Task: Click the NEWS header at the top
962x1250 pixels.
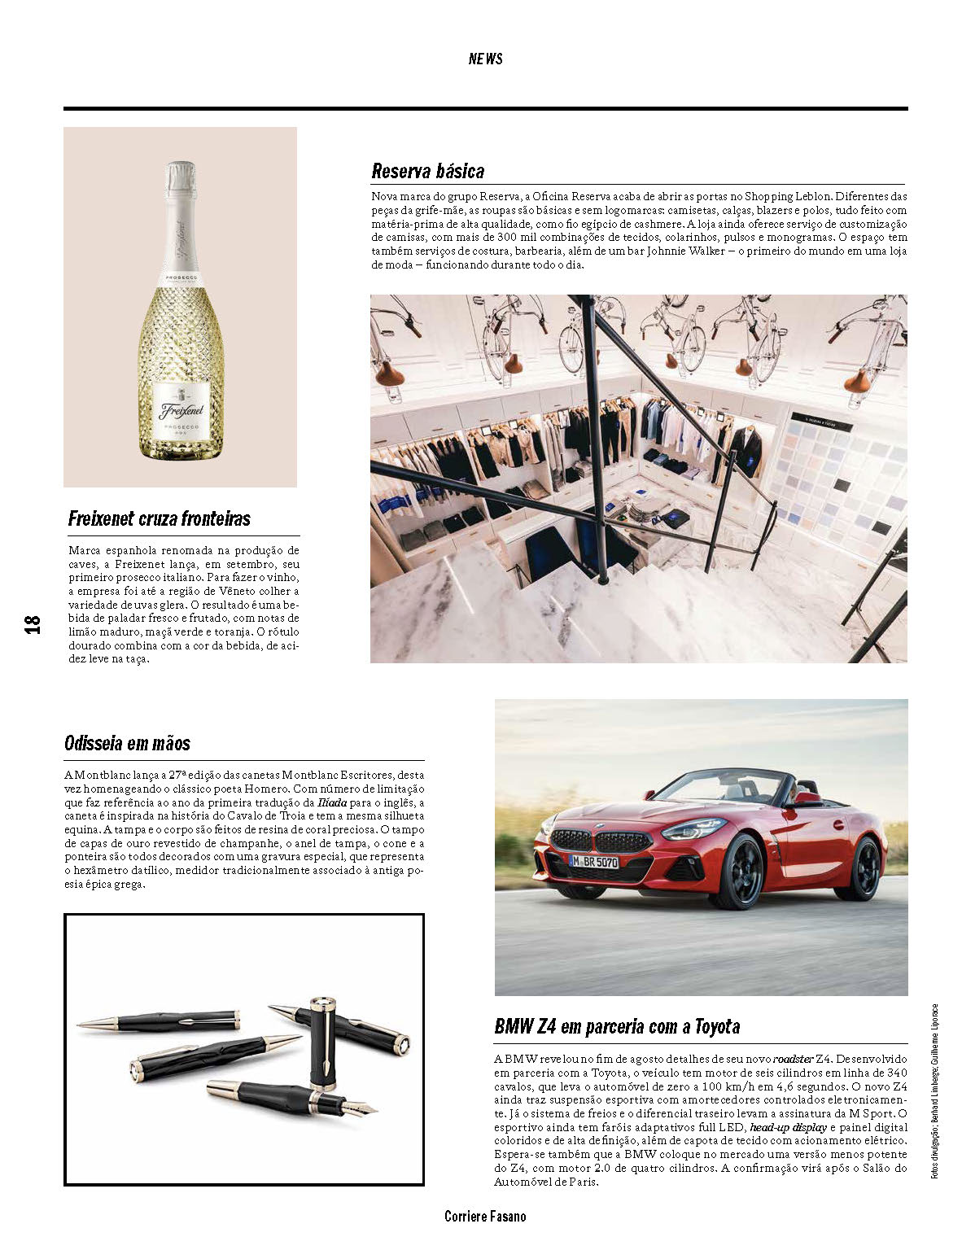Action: [485, 59]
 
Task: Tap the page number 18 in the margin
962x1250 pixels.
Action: [32, 624]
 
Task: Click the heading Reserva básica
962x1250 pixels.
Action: [427, 171]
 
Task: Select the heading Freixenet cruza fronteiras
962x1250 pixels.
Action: [160, 518]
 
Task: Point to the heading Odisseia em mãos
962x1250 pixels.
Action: [127, 743]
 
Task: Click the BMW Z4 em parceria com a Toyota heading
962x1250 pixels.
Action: [617, 1026]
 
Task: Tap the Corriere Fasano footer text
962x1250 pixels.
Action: [485, 1217]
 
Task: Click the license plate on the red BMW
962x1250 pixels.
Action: [593, 862]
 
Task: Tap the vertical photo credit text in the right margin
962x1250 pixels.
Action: [935, 1090]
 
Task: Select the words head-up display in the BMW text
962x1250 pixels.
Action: [788, 1127]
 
